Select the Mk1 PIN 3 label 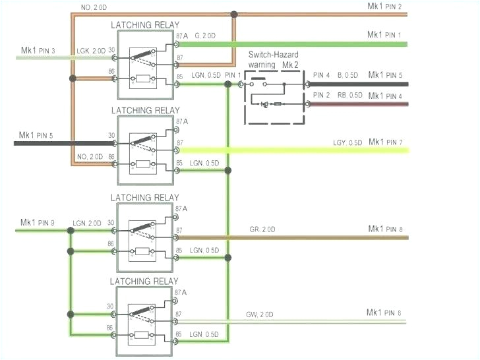pyautogui.click(x=38, y=51)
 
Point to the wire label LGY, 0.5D pyautogui.click(x=347, y=143)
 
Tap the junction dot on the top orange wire pyautogui.click(x=233, y=14)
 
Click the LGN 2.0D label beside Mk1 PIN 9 pyautogui.click(x=88, y=223)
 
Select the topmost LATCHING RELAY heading pyautogui.click(x=144, y=25)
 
